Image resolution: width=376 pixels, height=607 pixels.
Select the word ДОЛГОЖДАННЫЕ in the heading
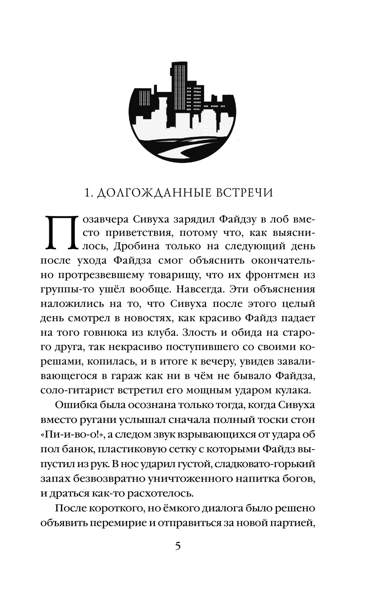point(150,193)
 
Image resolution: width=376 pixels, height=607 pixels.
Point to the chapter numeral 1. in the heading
point(88,193)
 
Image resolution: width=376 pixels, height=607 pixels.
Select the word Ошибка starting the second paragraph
point(74,405)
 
